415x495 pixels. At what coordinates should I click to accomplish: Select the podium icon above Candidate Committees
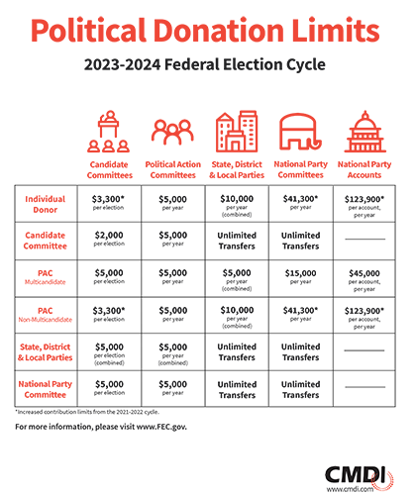109,132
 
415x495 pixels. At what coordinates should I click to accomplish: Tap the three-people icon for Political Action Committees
172,132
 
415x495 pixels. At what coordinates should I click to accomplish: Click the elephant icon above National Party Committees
300,132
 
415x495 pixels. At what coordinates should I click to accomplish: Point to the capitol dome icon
364,132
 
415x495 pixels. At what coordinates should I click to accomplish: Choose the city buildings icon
237,131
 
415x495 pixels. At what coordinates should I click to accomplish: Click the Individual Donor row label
46,204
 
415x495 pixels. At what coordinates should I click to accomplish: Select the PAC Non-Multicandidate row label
46,315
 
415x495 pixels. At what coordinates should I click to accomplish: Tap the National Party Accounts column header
364,169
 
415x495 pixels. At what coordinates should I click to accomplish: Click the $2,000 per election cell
109,239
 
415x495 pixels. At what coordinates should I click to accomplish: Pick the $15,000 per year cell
301,276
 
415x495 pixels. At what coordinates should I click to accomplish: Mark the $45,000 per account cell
364,280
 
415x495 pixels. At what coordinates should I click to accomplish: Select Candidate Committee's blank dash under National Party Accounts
364,239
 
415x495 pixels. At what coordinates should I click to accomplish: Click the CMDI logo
360,478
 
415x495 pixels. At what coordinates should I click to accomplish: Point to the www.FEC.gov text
161,427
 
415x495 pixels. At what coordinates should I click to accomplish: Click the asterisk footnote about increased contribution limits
87,412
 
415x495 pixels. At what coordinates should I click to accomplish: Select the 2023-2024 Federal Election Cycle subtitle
205,64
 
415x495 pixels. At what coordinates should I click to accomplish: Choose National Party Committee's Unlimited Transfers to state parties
237,389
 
